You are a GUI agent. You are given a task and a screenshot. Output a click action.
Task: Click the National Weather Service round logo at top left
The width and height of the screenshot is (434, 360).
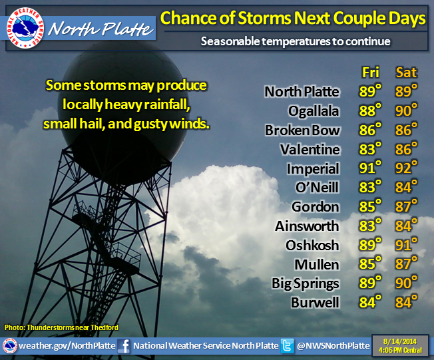tap(25, 28)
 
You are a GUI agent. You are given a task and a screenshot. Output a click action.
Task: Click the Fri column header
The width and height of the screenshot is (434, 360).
tap(370, 73)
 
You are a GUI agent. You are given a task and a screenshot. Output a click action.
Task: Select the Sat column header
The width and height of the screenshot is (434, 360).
tap(406, 73)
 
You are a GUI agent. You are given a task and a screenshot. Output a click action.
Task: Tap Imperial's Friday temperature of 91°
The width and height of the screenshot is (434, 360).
tap(370, 168)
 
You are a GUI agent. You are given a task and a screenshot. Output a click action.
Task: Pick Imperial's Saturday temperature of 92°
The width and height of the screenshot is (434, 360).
tap(406, 168)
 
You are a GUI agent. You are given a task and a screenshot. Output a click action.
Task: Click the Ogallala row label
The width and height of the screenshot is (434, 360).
tap(314, 112)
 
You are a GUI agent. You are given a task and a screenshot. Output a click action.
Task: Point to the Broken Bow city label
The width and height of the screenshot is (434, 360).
tap(302, 130)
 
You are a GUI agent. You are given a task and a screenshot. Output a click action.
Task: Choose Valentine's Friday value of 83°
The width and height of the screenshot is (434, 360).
tap(370, 149)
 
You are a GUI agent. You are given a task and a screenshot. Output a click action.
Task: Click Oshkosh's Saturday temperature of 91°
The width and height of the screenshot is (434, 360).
tap(406, 245)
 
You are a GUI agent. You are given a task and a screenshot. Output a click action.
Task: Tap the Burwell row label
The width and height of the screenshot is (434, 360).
tap(315, 303)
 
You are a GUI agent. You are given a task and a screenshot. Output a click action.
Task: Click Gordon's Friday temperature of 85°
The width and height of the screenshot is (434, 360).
tap(370, 206)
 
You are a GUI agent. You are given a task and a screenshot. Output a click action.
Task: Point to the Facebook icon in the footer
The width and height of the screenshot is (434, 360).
tap(124, 346)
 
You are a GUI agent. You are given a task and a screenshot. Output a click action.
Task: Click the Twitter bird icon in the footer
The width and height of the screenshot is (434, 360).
tap(287, 346)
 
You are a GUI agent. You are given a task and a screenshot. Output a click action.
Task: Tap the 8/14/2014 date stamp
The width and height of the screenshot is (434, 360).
tap(400, 341)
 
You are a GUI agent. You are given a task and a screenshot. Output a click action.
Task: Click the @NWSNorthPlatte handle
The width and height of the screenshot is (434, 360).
tap(333, 345)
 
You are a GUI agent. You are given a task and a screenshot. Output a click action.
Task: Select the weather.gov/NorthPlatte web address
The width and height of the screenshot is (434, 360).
tap(67, 345)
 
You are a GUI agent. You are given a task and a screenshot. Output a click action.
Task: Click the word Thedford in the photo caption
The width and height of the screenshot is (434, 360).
tap(105, 327)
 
